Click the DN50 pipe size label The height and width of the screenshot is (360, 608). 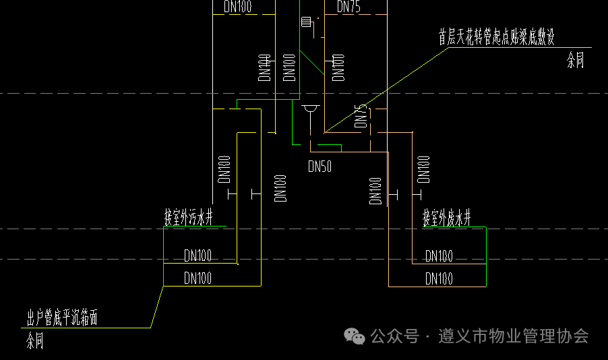click(x=320, y=167)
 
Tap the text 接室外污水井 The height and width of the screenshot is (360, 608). click(x=189, y=218)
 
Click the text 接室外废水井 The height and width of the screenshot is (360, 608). click(x=446, y=218)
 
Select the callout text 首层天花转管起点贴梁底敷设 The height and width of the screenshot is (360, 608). click(x=496, y=37)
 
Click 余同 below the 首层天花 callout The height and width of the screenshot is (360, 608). click(x=575, y=62)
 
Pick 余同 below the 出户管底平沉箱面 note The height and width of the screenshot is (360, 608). click(x=35, y=341)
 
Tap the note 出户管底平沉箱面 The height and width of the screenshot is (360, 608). click(x=62, y=318)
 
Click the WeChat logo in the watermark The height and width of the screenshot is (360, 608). click(x=353, y=336)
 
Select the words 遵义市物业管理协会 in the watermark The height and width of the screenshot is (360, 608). click(x=513, y=336)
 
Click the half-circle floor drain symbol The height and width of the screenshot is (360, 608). click(x=310, y=109)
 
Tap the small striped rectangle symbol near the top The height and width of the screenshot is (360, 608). click(x=307, y=22)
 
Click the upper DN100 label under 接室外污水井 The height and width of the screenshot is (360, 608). click(x=198, y=256)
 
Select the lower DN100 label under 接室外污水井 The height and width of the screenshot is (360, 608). click(x=198, y=278)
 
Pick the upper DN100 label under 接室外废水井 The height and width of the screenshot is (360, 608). click(x=439, y=256)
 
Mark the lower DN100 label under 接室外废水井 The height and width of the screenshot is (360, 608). click(x=439, y=278)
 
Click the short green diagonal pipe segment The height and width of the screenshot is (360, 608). click(x=312, y=63)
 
